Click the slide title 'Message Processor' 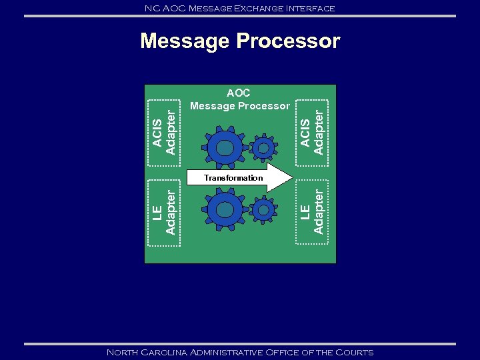pyautogui.click(x=240, y=41)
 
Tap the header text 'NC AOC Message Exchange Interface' pyautogui.click(x=240, y=8)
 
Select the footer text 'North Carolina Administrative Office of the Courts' pyautogui.click(x=240, y=352)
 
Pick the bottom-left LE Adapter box pyautogui.click(x=164, y=212)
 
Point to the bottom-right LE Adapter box pyautogui.click(x=313, y=212)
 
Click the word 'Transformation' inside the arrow pyautogui.click(x=233, y=178)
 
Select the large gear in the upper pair pyautogui.click(x=225, y=148)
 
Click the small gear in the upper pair pyautogui.click(x=264, y=148)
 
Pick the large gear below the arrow pyautogui.click(x=225, y=209)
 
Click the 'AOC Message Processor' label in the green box pyautogui.click(x=239, y=100)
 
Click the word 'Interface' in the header pyautogui.click(x=312, y=8)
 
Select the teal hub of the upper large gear pyautogui.click(x=225, y=148)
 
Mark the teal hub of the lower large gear pyautogui.click(x=225, y=209)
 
